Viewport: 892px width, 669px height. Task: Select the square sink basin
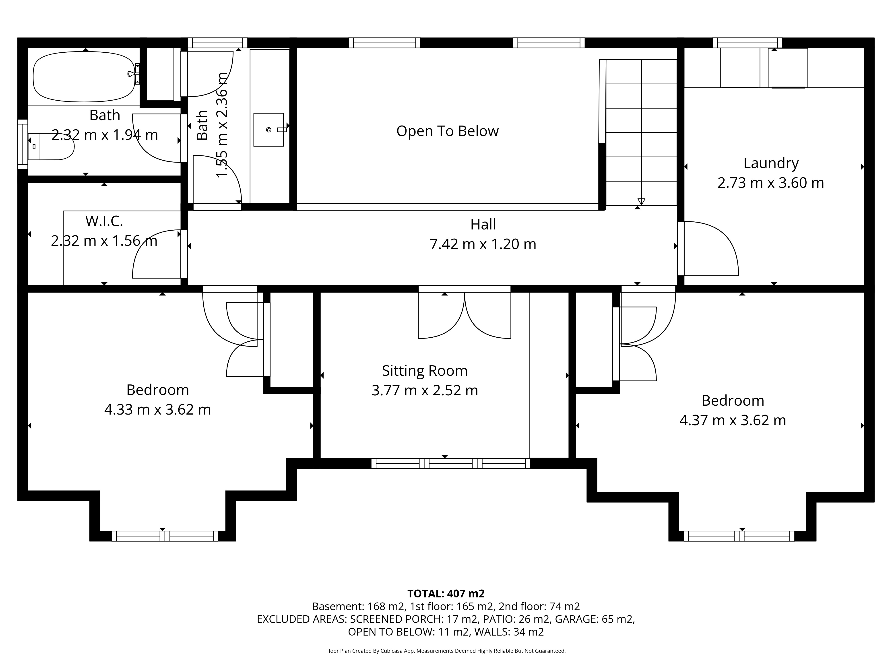(268, 129)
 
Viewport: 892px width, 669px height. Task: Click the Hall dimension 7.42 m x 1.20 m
(483, 244)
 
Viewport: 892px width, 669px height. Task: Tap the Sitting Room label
(425, 371)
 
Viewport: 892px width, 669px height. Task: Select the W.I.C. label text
(104, 221)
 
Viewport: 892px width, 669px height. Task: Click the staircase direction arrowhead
(641, 202)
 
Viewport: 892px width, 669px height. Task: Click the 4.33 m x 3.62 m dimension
(157, 409)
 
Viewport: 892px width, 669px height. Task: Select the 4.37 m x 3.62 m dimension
(733, 420)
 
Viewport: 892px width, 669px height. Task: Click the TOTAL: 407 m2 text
(446, 594)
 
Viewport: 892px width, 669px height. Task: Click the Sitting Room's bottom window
(450, 463)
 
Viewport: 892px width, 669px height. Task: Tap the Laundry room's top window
(747, 43)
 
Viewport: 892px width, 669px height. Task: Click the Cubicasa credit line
(446, 651)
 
